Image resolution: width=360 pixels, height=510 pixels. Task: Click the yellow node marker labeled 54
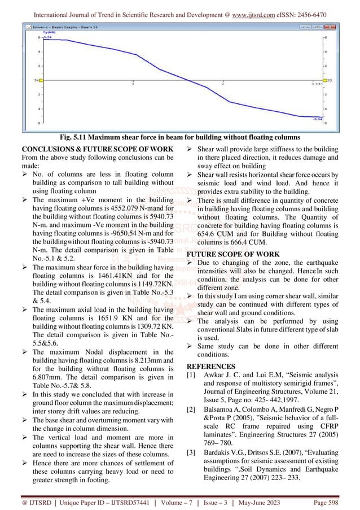pos(36,80)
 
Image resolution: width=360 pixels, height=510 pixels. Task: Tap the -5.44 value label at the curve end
pos(318,119)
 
